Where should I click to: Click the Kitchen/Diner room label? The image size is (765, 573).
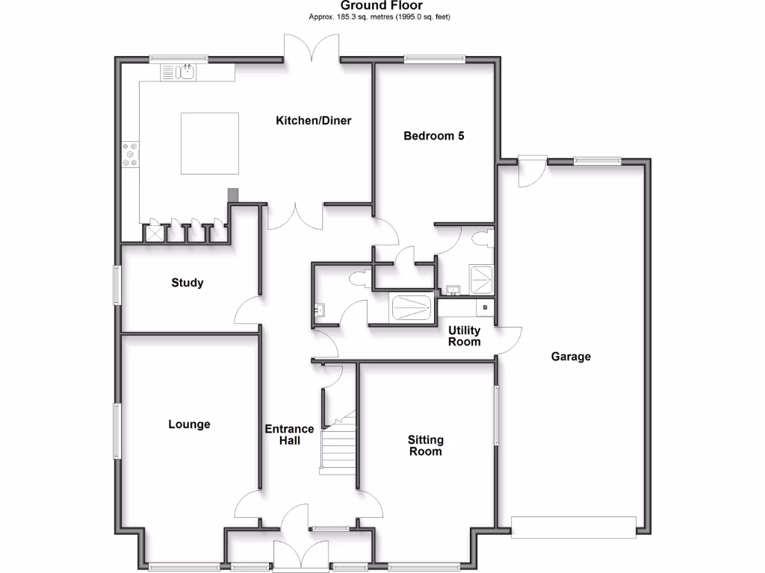coord(313,120)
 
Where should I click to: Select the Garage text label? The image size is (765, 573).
coord(571,357)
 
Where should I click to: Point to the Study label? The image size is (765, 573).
coord(187,283)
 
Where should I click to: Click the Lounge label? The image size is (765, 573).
coord(189,425)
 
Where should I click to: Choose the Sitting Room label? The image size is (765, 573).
coord(425,445)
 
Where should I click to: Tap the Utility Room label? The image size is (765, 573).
coord(463,336)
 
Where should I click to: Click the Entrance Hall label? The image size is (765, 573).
coord(290,435)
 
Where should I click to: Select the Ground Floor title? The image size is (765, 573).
coord(382,6)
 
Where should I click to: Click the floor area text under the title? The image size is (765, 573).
coord(381,16)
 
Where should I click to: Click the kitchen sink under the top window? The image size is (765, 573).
coord(186,72)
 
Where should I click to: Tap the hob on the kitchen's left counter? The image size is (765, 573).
coord(131,154)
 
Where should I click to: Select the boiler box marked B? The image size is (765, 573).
coord(485,307)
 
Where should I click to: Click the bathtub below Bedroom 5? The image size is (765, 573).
coord(412,307)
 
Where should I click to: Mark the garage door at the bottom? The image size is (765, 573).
coord(573,527)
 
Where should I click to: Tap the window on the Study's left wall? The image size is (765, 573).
coord(117,285)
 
